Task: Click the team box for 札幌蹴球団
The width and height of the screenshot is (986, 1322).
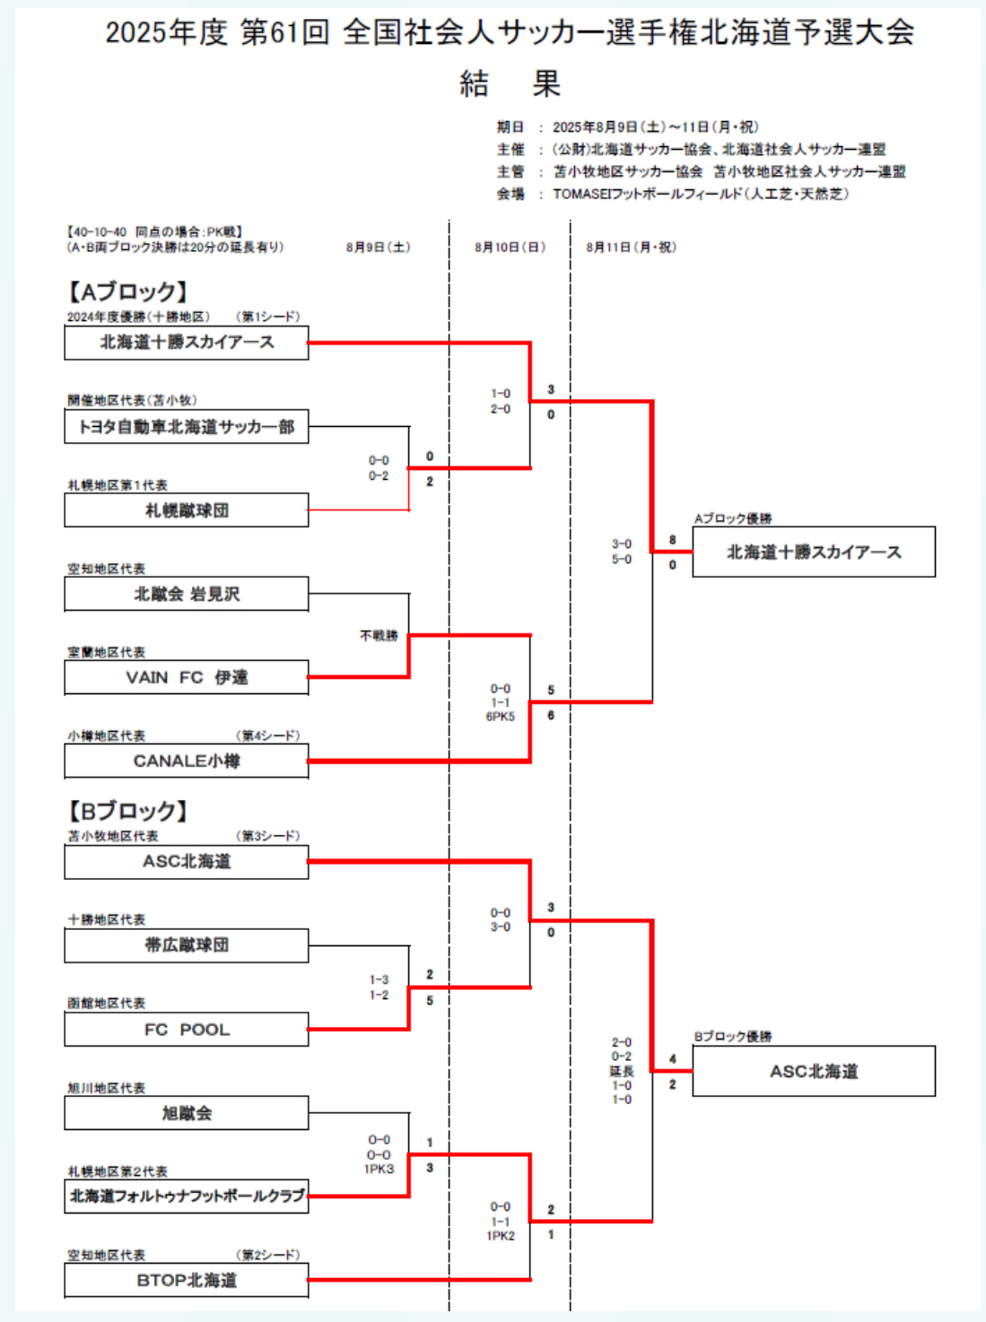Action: [x=187, y=510]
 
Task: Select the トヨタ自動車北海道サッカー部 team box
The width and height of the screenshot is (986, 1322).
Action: [x=187, y=427]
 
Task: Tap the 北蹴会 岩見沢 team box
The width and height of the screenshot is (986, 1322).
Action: [x=187, y=594]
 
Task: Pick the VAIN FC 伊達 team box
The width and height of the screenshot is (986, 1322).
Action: [x=187, y=677]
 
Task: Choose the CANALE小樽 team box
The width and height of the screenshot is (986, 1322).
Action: [x=187, y=761]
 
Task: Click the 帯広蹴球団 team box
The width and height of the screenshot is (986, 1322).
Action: [x=187, y=945]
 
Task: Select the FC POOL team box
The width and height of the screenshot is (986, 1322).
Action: [x=187, y=1030]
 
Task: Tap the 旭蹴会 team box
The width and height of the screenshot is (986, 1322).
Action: [x=187, y=1113]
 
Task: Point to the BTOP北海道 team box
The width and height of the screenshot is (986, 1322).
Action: [x=187, y=1280]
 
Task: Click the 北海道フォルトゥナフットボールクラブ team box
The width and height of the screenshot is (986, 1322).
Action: [x=187, y=1196]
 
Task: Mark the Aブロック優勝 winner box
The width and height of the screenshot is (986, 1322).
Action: [x=814, y=552]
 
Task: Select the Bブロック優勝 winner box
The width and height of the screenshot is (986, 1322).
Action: [x=814, y=1072]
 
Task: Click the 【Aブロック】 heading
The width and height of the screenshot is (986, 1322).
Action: [x=127, y=291]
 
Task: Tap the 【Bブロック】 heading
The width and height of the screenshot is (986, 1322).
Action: [x=127, y=811]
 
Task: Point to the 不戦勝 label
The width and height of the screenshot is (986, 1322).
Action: [x=379, y=636]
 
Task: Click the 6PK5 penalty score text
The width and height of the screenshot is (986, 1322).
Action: [x=501, y=717]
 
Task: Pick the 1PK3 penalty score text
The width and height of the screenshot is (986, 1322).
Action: [x=379, y=1170]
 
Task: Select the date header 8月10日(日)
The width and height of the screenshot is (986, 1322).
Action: [x=510, y=248]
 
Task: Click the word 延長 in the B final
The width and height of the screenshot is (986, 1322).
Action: [x=622, y=1071]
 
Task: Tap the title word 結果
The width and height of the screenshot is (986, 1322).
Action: [x=510, y=84]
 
